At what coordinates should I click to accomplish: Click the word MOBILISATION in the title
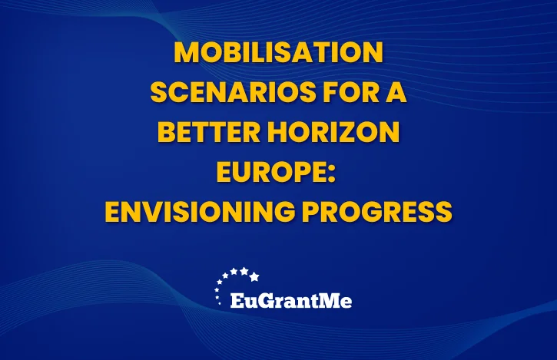[278, 52]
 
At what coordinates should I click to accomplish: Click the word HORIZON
[333, 132]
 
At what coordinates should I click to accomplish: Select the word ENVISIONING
[200, 212]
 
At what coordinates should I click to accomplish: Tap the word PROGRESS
[377, 212]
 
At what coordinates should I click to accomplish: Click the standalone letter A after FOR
[396, 92]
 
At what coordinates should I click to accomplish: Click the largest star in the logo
[254, 276]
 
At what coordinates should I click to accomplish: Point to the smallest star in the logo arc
[219, 303]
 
